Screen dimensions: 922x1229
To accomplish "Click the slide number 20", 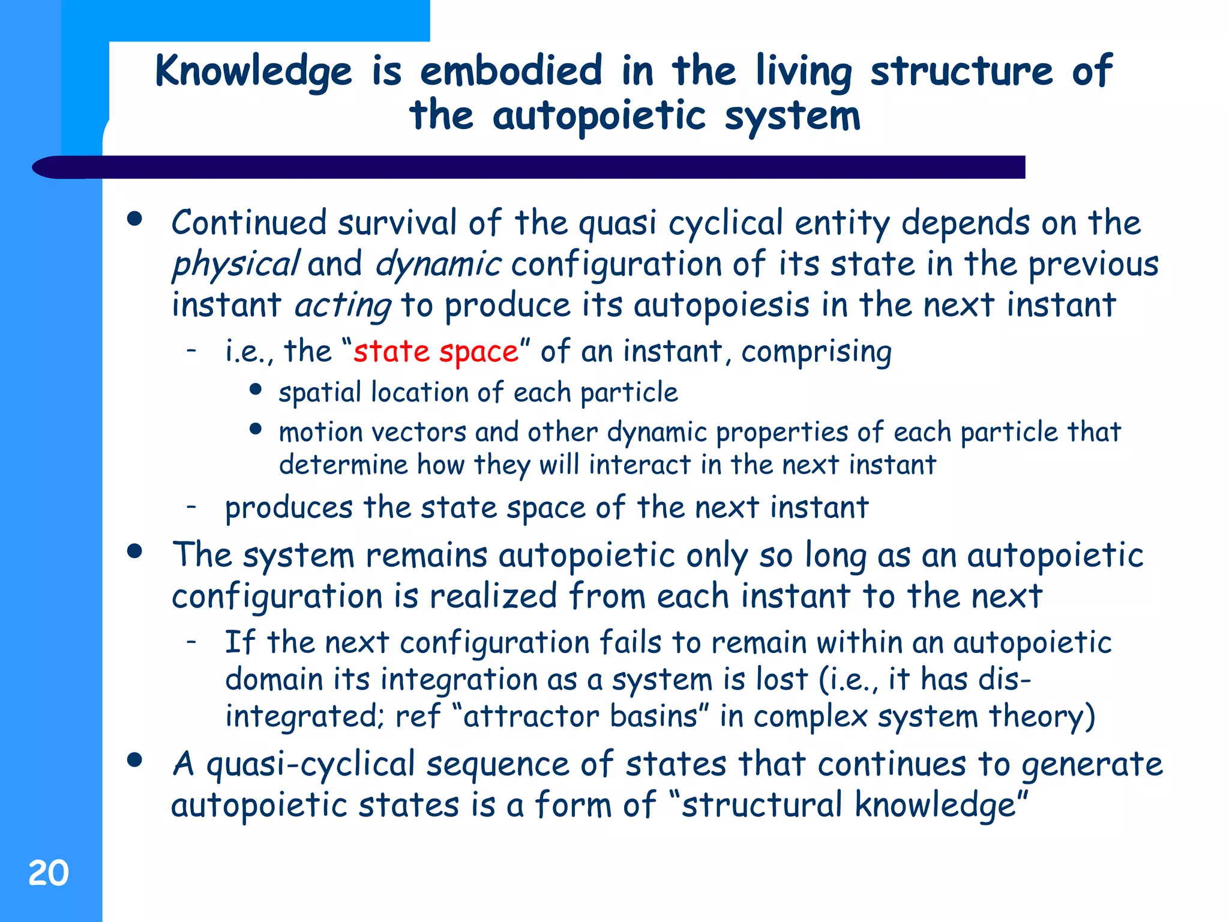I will click(49, 873).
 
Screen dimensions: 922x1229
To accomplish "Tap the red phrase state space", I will click(436, 351).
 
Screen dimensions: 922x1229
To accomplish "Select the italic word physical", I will click(235, 265).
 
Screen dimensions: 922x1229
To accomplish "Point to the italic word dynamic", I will click(438, 264).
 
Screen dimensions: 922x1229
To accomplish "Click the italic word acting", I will click(343, 306).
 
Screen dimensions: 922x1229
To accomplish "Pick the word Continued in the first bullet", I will click(249, 223).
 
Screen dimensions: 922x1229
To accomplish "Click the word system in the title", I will click(793, 116).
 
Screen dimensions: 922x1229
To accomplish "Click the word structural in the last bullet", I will click(762, 806).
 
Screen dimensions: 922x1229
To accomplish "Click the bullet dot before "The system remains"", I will click(135, 551).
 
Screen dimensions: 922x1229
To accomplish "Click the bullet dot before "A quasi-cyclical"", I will click(135, 760).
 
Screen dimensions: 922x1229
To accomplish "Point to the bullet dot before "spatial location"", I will click(256, 390).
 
